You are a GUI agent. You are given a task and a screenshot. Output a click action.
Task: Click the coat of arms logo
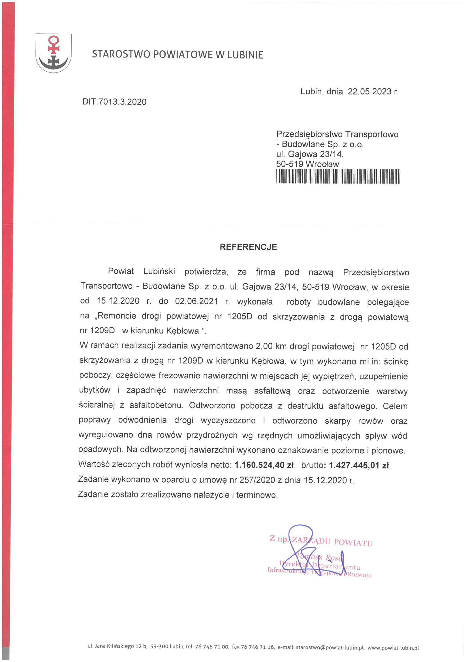point(54,53)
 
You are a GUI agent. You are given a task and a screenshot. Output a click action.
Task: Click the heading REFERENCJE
point(248,247)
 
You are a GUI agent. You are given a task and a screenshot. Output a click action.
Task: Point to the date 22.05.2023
point(369,92)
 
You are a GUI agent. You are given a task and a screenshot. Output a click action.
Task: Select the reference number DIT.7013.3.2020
point(114,102)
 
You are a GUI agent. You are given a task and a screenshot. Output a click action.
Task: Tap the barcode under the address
point(338,176)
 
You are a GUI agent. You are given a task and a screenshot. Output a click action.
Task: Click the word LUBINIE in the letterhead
point(245,55)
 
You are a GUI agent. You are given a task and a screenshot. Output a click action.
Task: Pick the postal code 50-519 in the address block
point(289,164)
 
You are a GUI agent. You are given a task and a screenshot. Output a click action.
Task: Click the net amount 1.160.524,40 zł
point(264,465)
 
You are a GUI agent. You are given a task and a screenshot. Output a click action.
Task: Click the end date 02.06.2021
point(196,301)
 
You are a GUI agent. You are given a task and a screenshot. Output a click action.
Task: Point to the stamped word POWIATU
point(353,543)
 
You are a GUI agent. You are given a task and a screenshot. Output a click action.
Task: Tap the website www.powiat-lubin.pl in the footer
point(393,648)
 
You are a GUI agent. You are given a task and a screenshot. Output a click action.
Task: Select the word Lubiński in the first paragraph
point(159,271)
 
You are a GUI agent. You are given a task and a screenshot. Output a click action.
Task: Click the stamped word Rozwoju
point(359,574)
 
